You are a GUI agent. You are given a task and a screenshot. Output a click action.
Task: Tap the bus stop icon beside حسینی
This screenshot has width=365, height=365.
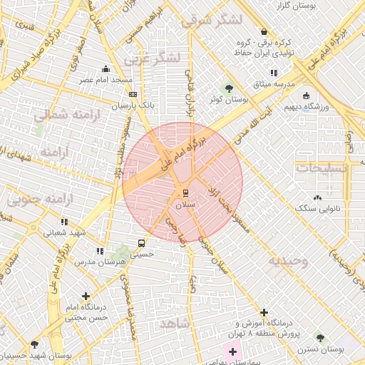pos(141,242)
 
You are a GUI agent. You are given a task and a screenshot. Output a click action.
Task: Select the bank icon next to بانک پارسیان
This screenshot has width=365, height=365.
pos(133,94)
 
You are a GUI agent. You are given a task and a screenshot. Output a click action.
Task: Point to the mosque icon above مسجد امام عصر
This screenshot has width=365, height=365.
pos(106,69)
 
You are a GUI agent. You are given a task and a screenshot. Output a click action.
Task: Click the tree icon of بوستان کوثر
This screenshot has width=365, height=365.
pos(228,88)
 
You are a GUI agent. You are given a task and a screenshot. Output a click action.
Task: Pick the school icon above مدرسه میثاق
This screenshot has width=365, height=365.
pos(274,73)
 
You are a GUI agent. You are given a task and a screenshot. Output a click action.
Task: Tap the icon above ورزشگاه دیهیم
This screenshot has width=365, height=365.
pos(307,96)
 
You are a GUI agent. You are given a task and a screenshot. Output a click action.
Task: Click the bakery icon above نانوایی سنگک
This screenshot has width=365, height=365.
pos(317,197)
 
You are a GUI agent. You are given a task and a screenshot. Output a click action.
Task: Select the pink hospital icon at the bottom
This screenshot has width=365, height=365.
pos(232,351)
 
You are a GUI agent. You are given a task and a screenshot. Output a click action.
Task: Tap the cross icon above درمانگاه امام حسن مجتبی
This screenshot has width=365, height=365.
pos(86,295)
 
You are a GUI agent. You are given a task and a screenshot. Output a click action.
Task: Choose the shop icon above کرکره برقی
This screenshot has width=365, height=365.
pos(264,32)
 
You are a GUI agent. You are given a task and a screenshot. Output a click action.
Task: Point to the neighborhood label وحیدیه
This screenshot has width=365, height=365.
pos(288,261)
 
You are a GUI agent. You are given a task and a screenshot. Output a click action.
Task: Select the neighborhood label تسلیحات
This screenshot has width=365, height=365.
pos(322,168)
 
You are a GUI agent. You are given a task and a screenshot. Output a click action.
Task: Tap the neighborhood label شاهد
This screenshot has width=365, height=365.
pos(175,324)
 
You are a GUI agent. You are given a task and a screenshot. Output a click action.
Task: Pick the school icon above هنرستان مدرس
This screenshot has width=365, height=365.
pos(100,251)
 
